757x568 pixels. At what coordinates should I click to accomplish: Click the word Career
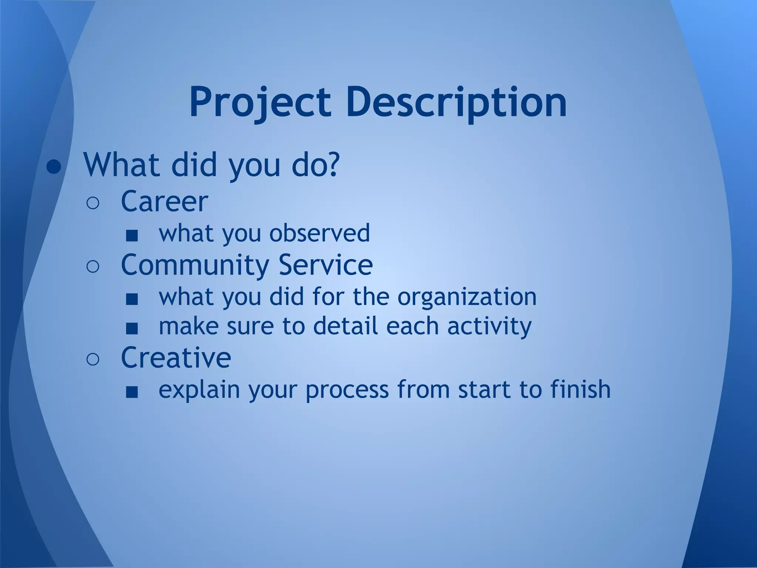(x=164, y=202)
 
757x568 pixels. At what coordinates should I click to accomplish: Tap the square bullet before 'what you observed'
(x=132, y=236)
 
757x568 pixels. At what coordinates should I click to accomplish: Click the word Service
(x=326, y=265)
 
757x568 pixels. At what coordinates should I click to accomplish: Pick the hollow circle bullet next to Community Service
(x=93, y=267)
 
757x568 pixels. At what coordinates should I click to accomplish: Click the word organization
(x=467, y=297)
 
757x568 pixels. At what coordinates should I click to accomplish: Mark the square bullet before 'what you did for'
(x=132, y=299)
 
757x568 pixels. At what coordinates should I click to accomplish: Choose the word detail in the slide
(x=346, y=326)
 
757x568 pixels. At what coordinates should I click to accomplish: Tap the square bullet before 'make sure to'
(x=132, y=328)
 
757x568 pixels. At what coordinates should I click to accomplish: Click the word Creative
(x=176, y=358)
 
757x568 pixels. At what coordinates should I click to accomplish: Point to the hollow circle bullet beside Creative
(x=93, y=359)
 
